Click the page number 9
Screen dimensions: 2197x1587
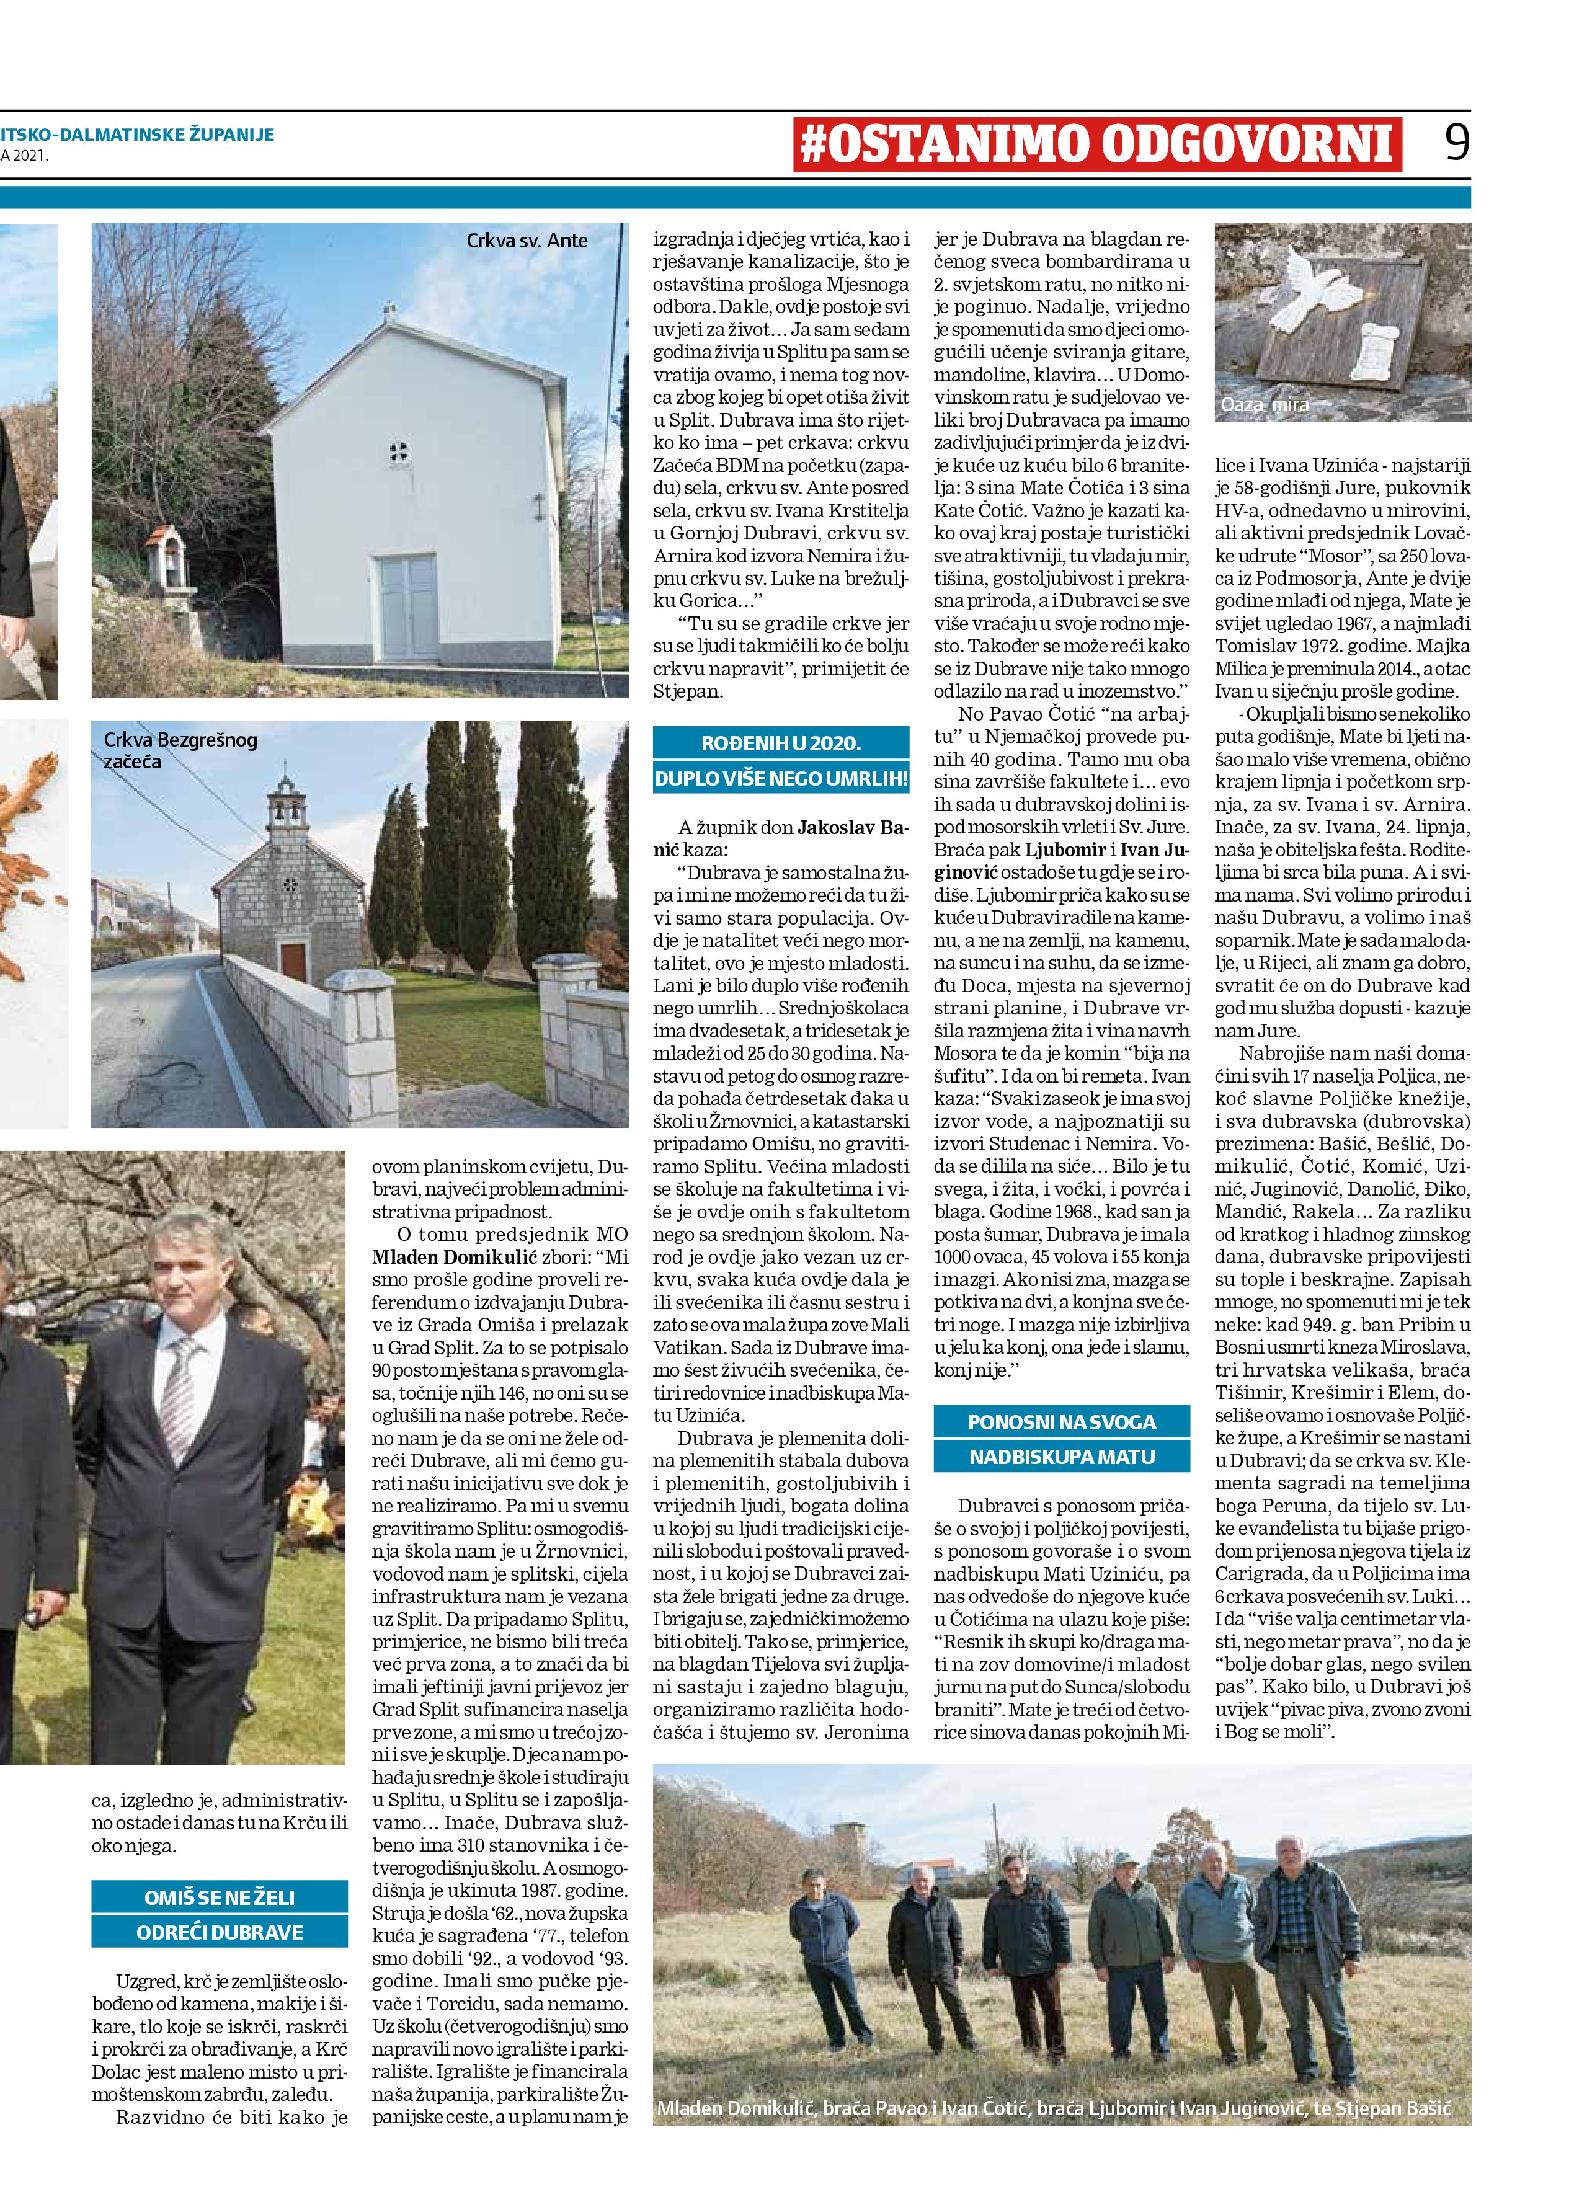click(1456, 143)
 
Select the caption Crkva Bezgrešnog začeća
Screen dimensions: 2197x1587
click(180, 750)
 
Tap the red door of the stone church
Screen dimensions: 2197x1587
click(293, 962)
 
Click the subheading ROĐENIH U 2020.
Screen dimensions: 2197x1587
click(781, 743)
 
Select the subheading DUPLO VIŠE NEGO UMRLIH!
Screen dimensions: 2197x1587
click(781, 778)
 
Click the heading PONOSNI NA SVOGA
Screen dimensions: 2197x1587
click(1061, 1422)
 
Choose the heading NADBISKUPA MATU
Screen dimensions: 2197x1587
click(1061, 1456)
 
